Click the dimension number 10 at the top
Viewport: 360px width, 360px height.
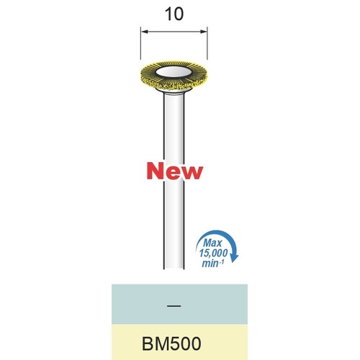(174, 14)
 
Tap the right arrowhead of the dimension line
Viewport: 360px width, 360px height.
(204, 32)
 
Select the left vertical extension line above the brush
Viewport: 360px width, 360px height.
(140, 43)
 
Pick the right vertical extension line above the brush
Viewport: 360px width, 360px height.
(207, 43)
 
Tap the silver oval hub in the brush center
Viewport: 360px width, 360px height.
(174, 72)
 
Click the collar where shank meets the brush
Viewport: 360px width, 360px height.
(174, 91)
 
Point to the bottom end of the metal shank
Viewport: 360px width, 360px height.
(174, 268)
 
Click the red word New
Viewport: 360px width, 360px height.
(175, 171)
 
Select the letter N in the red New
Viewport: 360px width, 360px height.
(155, 171)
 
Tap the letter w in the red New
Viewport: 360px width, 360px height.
(192, 173)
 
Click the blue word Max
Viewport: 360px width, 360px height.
(213, 243)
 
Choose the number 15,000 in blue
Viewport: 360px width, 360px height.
(213, 253)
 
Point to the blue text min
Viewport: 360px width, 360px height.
(210, 264)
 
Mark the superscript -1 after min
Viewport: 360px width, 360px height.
(222, 261)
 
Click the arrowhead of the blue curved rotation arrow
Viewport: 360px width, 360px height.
(234, 258)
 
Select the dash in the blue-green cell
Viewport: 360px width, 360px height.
(175, 306)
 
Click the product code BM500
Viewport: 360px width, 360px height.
(171, 343)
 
